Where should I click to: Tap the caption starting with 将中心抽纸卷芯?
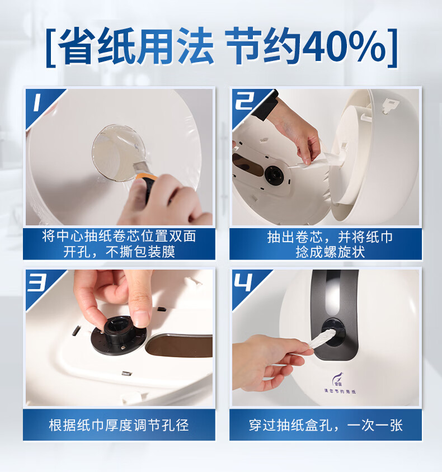(119, 244)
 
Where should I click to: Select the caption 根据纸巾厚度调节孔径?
(119, 425)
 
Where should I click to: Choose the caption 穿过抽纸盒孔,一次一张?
(325, 425)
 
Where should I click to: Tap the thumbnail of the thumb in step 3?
(140, 319)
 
